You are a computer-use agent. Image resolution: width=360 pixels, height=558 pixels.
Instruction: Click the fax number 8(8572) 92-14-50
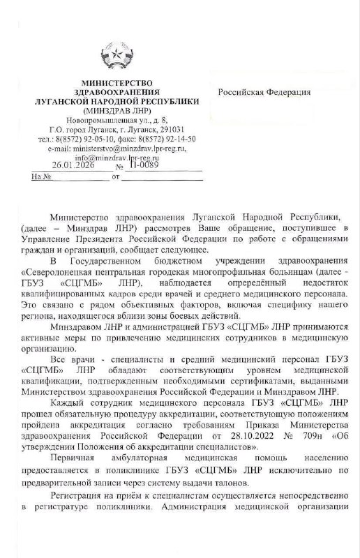(x=173, y=138)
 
